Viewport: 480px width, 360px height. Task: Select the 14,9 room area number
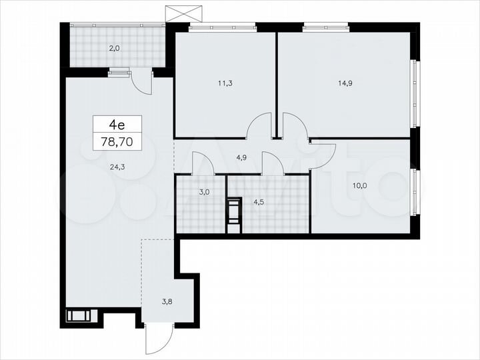pos(345,84)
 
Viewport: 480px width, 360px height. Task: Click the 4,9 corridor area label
pos(243,158)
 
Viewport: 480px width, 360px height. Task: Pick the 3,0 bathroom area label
pos(203,191)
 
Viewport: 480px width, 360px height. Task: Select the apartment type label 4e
pos(117,123)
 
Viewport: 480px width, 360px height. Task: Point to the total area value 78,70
pos(117,141)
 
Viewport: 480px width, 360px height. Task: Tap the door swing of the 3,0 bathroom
pos(203,163)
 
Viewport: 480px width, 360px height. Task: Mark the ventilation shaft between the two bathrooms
pos(233,215)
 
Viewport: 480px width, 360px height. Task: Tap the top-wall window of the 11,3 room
pos(222,27)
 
